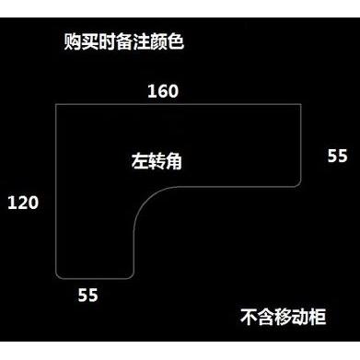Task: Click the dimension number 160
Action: (x=163, y=91)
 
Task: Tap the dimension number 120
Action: (x=23, y=203)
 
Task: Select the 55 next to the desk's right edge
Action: (x=337, y=156)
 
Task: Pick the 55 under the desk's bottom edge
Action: (x=87, y=295)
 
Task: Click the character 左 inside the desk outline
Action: (x=140, y=161)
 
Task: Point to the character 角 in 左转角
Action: (x=174, y=161)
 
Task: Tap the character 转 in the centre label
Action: (x=157, y=161)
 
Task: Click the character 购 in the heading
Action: (x=73, y=41)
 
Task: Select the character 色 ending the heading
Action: (x=176, y=41)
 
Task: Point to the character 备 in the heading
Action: (x=124, y=41)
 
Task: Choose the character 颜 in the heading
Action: (x=158, y=41)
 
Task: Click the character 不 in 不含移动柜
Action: (x=249, y=317)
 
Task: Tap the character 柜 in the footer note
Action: (x=318, y=317)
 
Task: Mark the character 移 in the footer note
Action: (x=283, y=317)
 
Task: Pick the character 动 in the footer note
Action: (x=300, y=317)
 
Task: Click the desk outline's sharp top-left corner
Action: (x=56, y=105)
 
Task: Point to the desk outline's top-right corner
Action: (x=301, y=105)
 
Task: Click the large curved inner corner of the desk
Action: (x=145, y=198)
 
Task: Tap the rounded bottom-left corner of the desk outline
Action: (x=58, y=276)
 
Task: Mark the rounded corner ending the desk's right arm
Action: (x=299, y=184)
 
